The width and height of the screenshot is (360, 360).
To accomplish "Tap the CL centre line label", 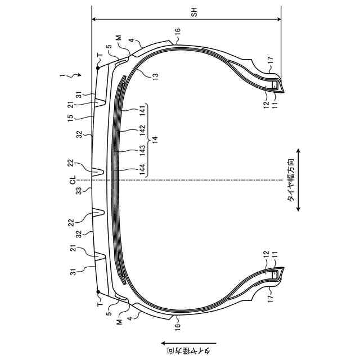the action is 73,180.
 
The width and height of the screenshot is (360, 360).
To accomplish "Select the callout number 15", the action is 71,118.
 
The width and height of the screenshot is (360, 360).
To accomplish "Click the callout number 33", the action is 79,191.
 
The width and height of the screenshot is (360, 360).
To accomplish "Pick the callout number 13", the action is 155,75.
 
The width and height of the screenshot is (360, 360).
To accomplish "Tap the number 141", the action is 142,111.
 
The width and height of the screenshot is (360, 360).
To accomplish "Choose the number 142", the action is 142,130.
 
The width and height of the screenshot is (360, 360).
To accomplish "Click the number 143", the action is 142,150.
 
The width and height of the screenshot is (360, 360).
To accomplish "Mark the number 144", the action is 142,169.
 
